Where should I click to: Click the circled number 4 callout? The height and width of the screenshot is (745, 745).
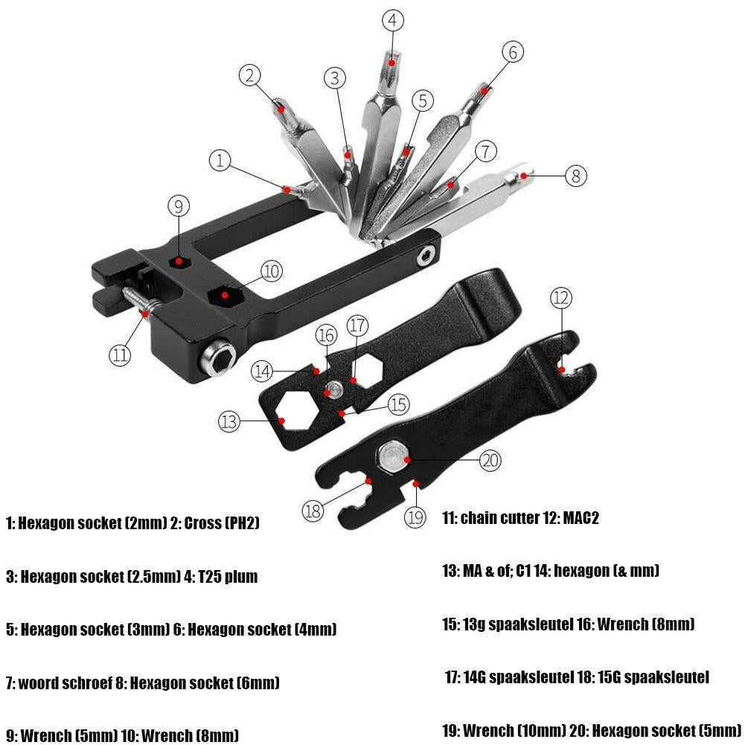click(394, 20)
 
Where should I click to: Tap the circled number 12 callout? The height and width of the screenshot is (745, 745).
click(562, 298)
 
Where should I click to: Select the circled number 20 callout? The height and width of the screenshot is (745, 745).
click(490, 460)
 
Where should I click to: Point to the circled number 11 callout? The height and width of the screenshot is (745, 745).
click(120, 354)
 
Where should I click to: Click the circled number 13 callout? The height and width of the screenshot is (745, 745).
click(229, 421)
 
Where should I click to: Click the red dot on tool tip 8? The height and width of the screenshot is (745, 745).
click(525, 176)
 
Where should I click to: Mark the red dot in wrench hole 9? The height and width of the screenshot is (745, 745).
click(179, 261)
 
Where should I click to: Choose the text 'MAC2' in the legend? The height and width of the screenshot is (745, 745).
click(581, 518)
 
